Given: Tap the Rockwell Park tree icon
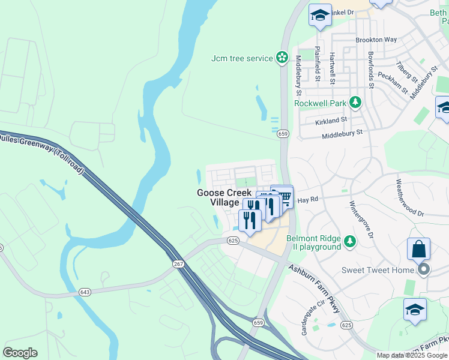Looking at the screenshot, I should click(x=355, y=103).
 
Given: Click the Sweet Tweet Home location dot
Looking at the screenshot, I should click(x=424, y=269).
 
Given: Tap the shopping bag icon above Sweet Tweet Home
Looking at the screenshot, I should click(x=418, y=248).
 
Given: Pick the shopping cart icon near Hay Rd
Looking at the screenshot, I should click(x=285, y=196).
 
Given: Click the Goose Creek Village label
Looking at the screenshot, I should click(x=218, y=197).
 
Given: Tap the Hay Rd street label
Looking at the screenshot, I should click(x=307, y=199).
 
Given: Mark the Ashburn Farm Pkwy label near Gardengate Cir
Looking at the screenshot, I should click(x=313, y=287).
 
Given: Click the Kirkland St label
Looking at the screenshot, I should click(x=331, y=121).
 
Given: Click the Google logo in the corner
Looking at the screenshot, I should click(x=20, y=353).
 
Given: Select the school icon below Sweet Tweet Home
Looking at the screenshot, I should click(x=415, y=310).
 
